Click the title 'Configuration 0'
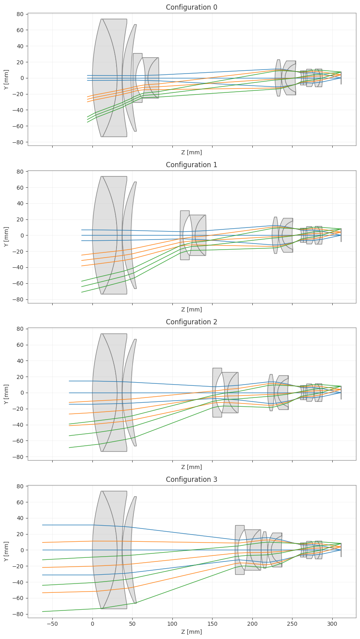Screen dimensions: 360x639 point(191,7)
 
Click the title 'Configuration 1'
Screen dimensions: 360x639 point(191,165)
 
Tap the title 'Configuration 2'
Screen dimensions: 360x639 point(191,322)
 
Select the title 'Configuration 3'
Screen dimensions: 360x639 point(191,479)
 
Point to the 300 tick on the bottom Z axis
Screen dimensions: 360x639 point(332,624)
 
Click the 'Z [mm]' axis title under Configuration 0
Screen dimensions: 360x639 point(191,152)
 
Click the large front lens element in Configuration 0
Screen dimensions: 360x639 point(110,78)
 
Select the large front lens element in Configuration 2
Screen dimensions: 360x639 point(110,393)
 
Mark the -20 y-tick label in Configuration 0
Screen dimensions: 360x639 point(20,94)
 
